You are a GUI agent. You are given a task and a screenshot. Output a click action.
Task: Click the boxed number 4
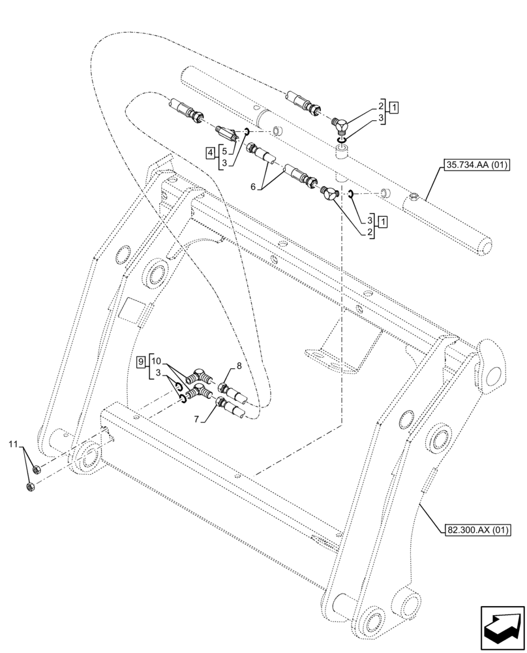coord(209,153)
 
